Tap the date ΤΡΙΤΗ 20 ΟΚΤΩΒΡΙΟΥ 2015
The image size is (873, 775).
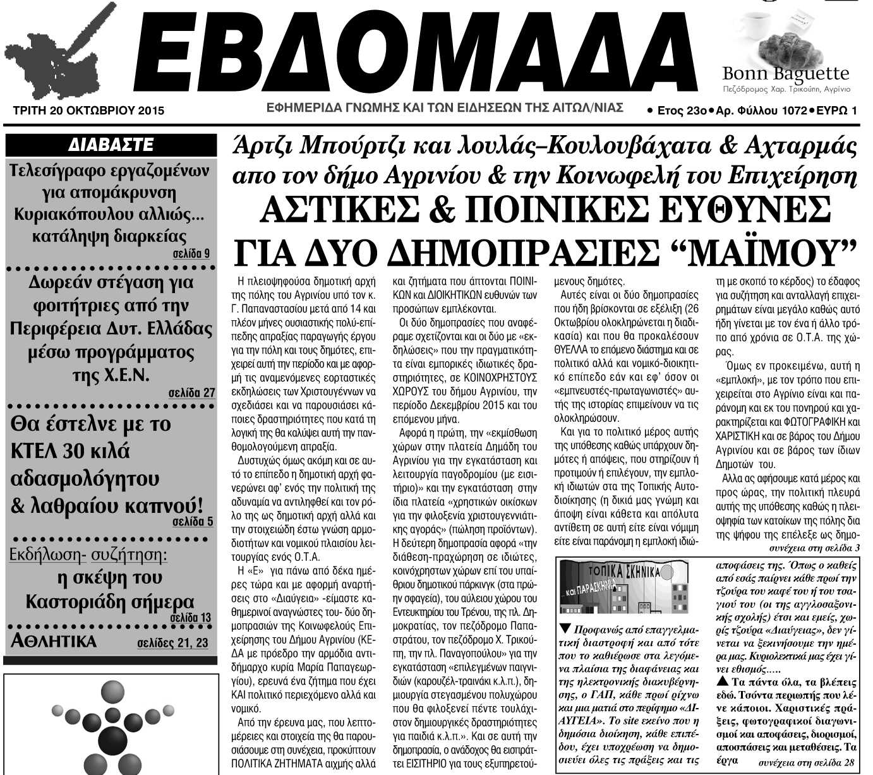[x=88, y=111]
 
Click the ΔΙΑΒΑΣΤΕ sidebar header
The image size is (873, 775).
[x=111, y=145]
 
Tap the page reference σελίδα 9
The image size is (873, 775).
[x=191, y=254]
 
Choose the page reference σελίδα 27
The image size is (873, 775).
[x=191, y=393]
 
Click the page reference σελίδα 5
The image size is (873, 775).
[x=193, y=522]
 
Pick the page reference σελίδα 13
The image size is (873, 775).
[x=190, y=617]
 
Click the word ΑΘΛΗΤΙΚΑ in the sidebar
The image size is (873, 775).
[x=54, y=642]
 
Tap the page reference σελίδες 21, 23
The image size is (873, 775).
[x=172, y=644]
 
